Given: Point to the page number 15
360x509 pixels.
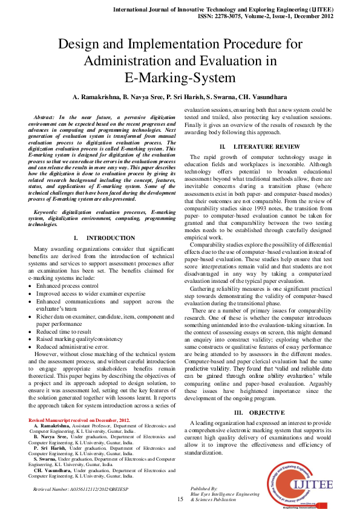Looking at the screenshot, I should tap(180, 499).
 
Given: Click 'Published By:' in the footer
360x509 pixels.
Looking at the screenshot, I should tap(203, 487).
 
